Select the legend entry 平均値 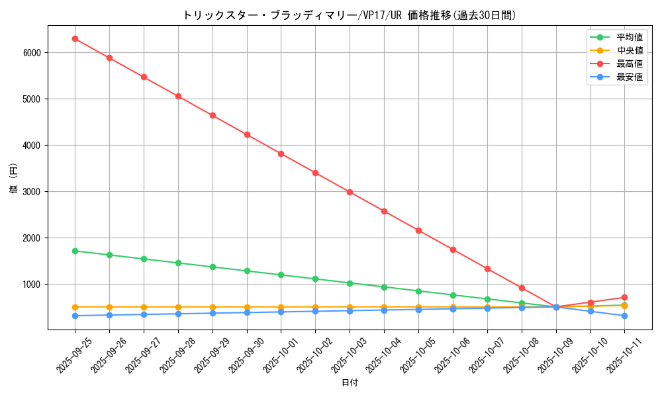coord(630,38)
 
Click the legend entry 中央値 coord(630,51)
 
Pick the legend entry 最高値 coord(630,64)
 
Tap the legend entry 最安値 coord(630,77)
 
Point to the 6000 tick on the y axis coord(31,53)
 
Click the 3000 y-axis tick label coord(31,192)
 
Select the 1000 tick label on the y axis coord(31,285)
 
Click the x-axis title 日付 coord(350,383)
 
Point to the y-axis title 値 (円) coord(14,178)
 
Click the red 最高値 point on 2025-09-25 coord(75,38)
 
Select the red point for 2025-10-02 coord(315,173)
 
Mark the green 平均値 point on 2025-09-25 coord(75,251)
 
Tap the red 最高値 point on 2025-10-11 coord(624,297)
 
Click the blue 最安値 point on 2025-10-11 coord(624,316)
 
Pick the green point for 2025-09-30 coord(247,271)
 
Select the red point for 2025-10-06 coord(453,249)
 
